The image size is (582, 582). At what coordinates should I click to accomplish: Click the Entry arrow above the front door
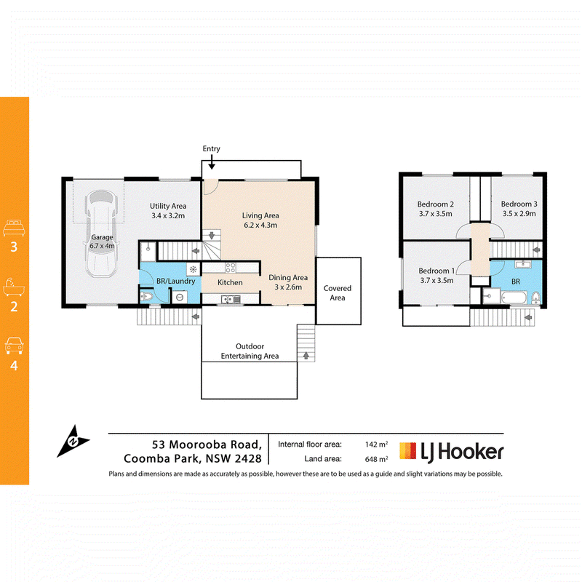coord(211,162)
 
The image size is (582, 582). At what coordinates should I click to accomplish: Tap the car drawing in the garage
coord(101,234)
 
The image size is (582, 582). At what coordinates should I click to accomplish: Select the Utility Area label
coord(168,206)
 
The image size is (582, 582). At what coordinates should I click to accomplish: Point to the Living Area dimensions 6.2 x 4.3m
coord(260,225)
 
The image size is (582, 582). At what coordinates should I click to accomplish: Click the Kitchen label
coord(230,282)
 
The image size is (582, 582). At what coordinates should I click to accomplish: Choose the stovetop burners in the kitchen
coord(231,268)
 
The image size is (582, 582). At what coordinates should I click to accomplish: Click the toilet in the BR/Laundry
coord(146,297)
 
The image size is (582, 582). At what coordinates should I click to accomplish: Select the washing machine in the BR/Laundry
coord(180,297)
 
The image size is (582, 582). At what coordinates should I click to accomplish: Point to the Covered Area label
coord(338,293)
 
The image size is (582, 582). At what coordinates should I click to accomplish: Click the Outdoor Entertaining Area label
coord(250,351)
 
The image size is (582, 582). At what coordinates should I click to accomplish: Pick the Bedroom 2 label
coord(435,204)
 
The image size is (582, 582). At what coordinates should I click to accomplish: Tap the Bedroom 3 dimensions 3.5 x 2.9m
coord(519,213)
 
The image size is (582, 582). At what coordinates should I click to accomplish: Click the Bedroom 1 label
coord(436,271)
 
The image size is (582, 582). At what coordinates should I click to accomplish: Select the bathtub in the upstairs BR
coord(514,298)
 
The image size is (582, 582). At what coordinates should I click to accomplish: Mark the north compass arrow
coord(73,441)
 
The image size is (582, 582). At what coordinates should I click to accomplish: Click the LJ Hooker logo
coord(451,451)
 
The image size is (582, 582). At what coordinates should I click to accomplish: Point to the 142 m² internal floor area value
coord(376,445)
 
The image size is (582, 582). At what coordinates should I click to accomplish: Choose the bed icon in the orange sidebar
coord(14,228)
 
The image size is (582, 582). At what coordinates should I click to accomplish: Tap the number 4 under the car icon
coord(14,366)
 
